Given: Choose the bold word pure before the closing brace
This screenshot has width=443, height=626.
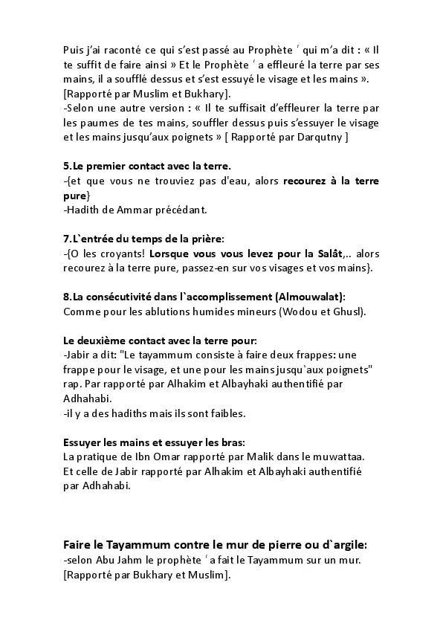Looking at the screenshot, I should (x=75, y=196).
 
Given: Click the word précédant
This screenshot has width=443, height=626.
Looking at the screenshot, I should (x=174, y=210).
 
